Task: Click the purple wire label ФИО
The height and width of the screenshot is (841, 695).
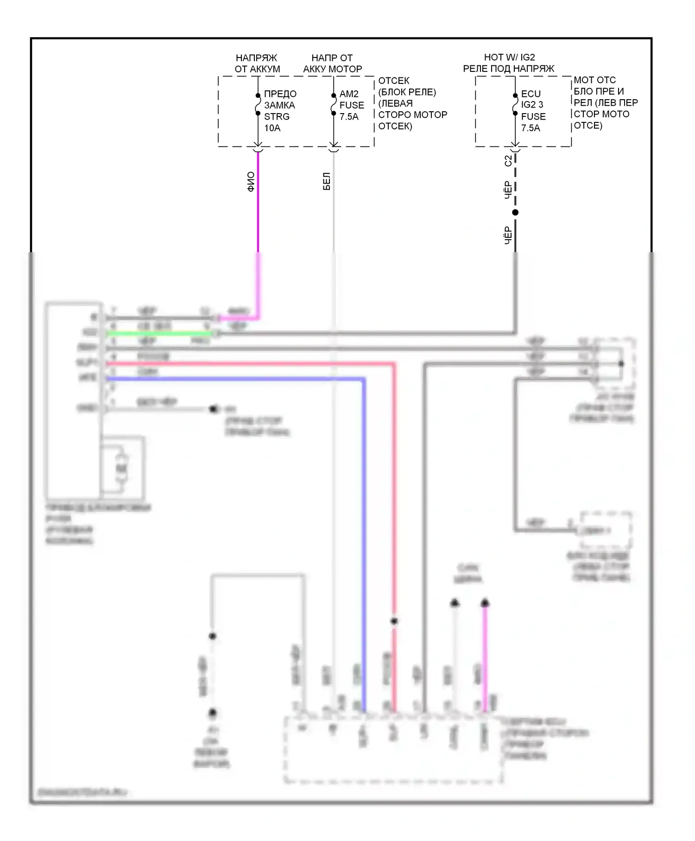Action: pos(251,182)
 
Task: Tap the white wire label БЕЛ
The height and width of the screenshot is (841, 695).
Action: pos(327,181)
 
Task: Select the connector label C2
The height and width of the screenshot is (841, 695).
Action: pos(508,160)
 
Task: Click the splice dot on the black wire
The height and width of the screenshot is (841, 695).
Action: pos(515,212)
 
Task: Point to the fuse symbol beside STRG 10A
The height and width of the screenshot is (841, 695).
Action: pos(258,104)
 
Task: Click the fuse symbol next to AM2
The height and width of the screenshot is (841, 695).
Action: pos(334,104)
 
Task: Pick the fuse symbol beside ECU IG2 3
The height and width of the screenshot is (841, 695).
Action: pos(515,104)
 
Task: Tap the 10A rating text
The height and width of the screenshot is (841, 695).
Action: pos(272,128)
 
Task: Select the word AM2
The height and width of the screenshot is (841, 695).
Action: pos(349,94)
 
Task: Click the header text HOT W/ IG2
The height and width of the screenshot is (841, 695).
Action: pos(509,57)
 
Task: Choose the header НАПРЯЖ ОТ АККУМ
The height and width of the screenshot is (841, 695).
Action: pos(257,64)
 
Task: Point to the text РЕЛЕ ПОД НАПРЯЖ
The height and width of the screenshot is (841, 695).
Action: pos(509,69)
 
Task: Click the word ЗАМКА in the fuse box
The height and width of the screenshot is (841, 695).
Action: pos(279,105)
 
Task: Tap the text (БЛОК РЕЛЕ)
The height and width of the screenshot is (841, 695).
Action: pos(407,92)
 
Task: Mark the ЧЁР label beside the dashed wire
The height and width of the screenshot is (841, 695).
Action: pos(508,190)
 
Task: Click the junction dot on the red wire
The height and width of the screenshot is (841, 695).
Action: pos(394,621)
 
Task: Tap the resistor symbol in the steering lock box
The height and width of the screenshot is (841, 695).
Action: pos(121,469)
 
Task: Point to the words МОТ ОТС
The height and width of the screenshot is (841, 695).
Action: pos(595,80)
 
